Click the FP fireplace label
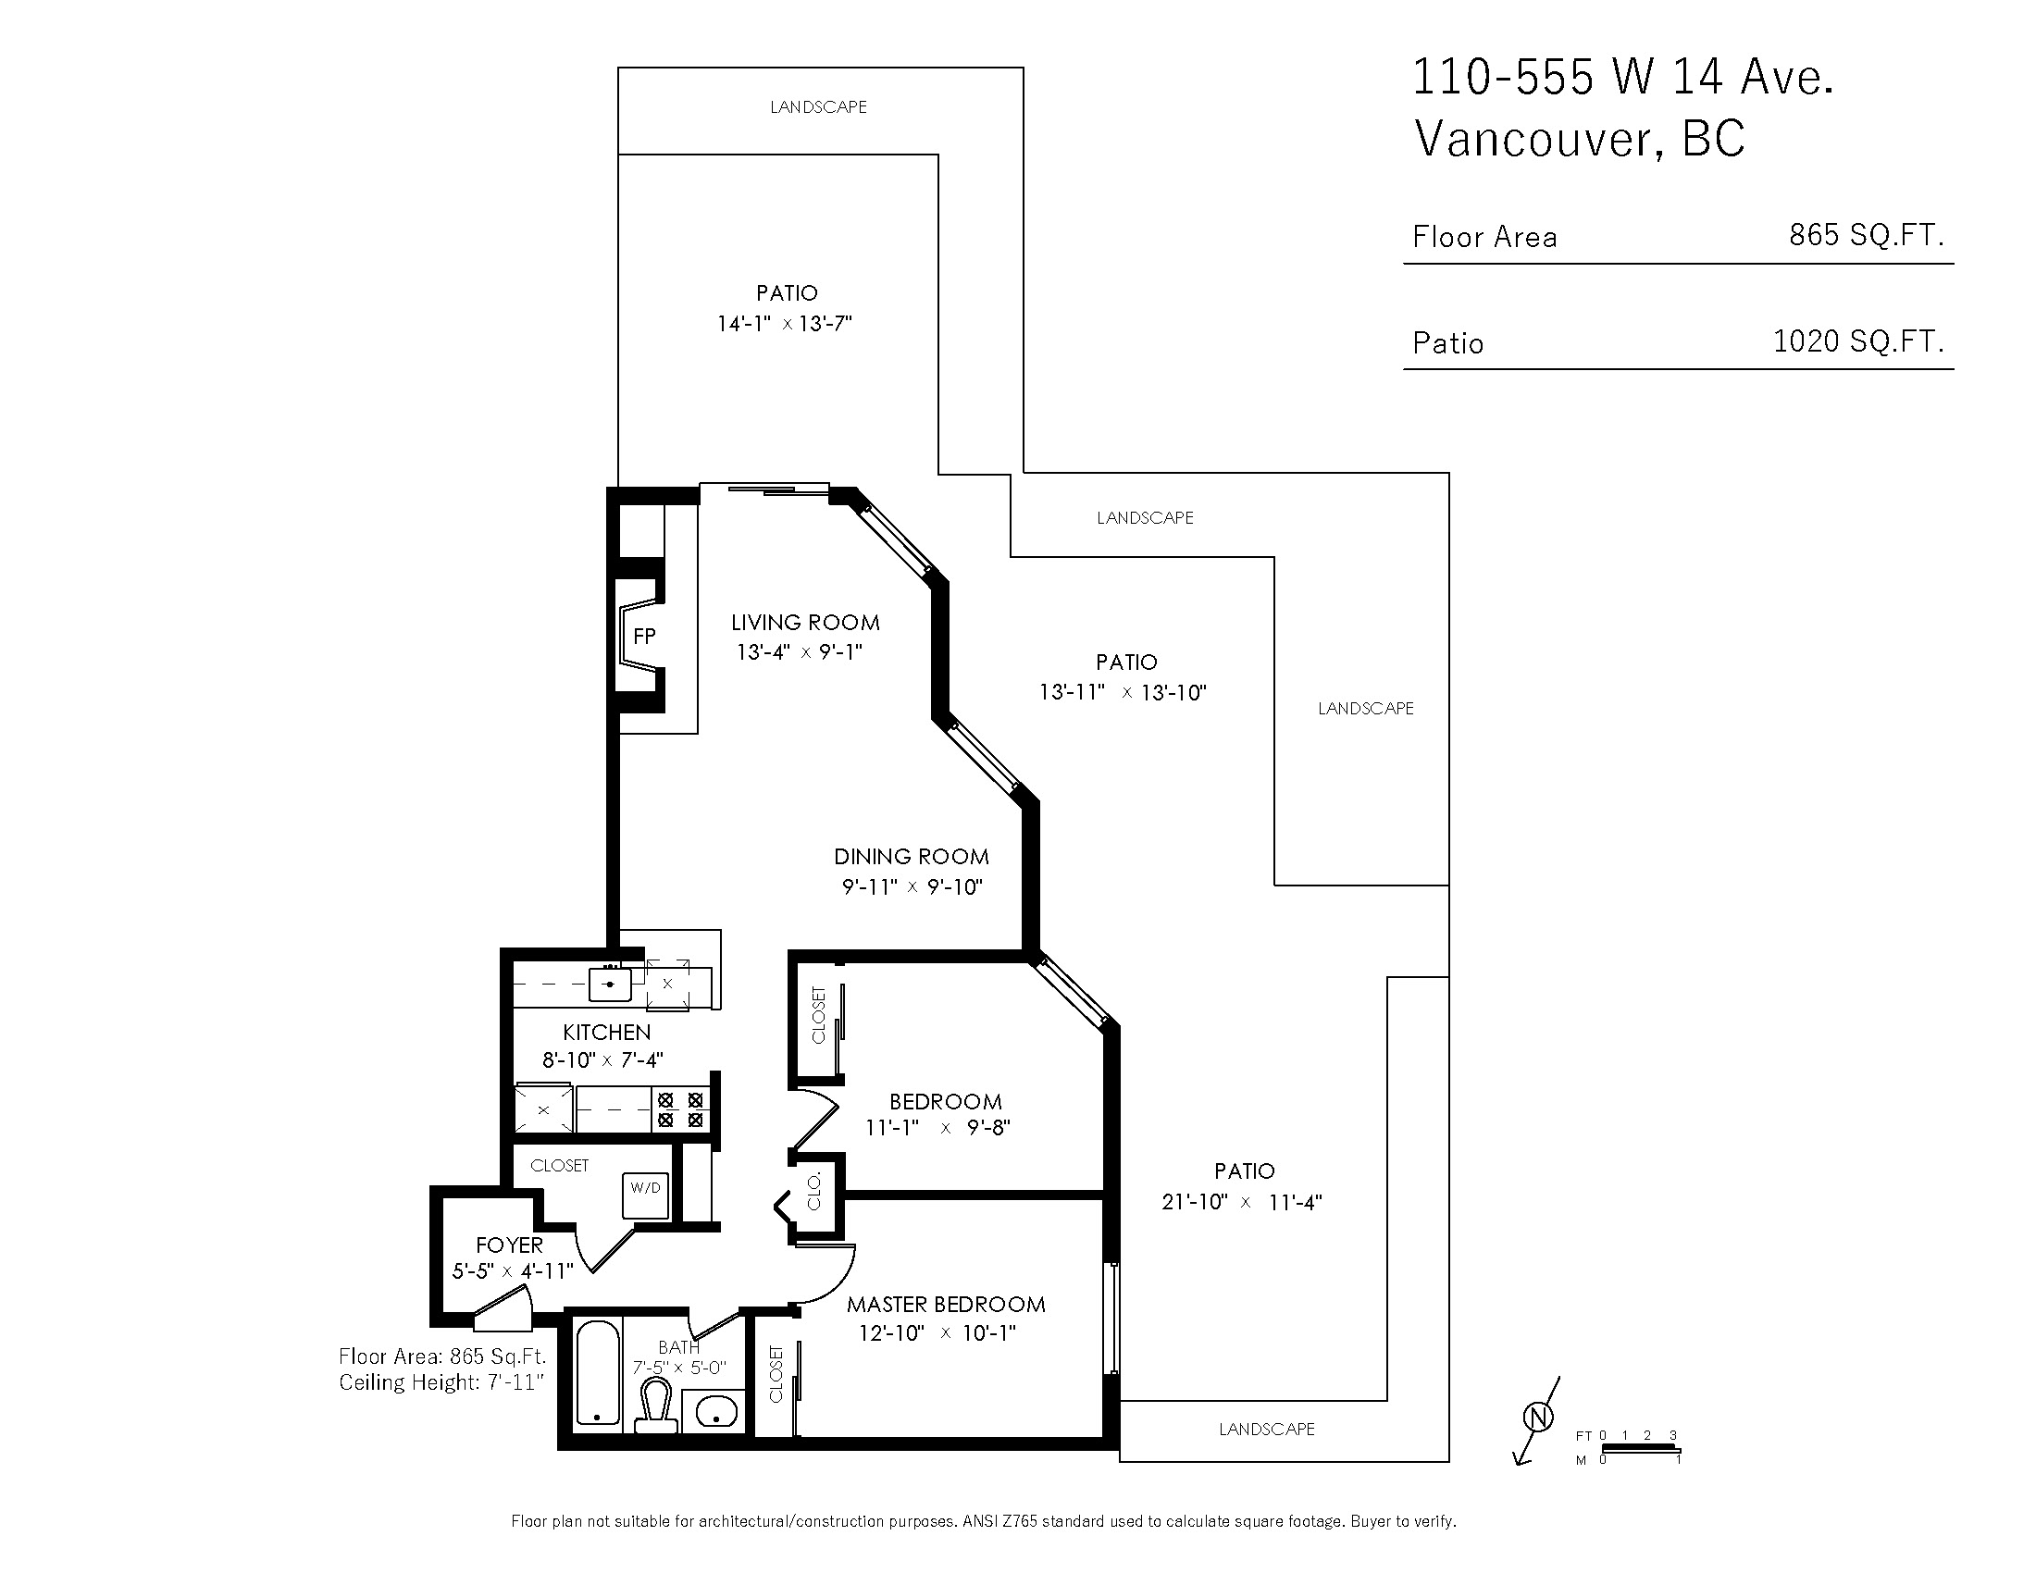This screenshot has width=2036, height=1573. pos(644,636)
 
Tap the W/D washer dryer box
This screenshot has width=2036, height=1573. pos(646,1195)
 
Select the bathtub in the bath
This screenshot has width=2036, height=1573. pos(598,1372)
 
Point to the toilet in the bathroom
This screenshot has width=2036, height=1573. pos(656,1406)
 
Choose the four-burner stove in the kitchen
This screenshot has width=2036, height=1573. pos(680,1110)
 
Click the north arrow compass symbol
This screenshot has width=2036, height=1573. pos(1538,1418)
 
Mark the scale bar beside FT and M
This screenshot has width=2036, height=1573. pos(1642,1449)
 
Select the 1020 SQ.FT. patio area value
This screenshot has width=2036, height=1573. pos(1859,341)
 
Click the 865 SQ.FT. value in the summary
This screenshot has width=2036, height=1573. pos(1867,235)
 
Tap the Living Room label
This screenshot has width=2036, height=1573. pos(805,623)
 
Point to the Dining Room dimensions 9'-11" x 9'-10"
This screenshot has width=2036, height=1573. pos(912,886)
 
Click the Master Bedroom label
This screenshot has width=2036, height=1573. pos(946,1304)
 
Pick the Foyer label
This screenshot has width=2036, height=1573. pos(509,1245)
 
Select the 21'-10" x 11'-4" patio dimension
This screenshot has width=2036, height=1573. pos(1242,1202)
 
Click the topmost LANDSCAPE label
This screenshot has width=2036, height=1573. pos(818,107)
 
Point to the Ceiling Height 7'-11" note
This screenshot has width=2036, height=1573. pos(441,1382)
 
